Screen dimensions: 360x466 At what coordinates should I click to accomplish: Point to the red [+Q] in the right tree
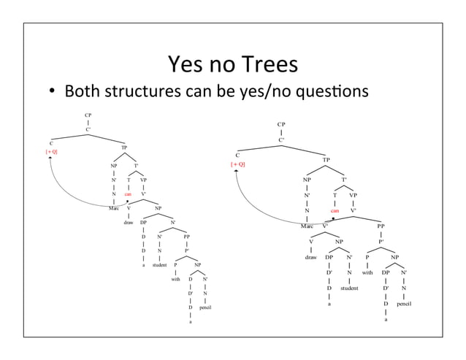238,164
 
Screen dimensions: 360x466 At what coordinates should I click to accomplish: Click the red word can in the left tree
128,194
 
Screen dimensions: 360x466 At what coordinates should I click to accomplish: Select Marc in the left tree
114,207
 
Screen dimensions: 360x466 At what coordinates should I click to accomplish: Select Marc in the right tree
308,226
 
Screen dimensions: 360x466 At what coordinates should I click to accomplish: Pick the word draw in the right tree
310,257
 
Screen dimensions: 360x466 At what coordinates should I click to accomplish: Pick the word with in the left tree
175,278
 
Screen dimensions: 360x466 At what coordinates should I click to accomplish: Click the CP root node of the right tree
280,125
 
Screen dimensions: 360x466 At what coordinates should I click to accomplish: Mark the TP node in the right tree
326,158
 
